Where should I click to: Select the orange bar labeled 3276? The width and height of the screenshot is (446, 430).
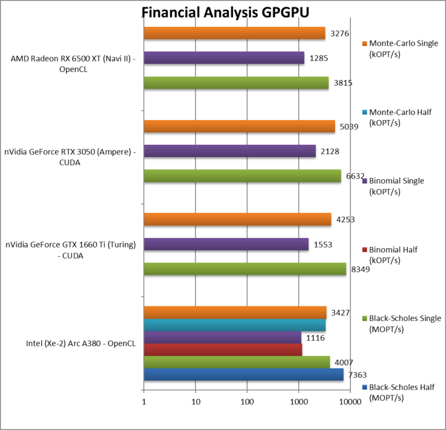coord(234,33)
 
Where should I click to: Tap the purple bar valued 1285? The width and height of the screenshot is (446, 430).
coord(224,58)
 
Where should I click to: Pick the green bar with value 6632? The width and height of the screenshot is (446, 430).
coord(242,176)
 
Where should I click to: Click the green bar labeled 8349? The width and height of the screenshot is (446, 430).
coord(244,269)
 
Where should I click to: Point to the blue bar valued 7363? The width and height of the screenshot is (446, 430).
coord(243,374)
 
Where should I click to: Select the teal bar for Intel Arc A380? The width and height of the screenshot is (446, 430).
coord(234,325)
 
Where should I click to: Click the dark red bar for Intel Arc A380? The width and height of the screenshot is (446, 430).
coord(222,349)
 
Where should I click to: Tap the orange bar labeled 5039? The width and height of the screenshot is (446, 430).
coord(239,126)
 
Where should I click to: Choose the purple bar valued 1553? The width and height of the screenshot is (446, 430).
coord(226,245)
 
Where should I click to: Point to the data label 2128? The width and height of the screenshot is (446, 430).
coord(330,151)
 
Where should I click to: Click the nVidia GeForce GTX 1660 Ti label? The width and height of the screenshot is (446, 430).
coord(71,249)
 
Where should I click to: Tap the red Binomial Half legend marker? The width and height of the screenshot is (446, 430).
coord(364,250)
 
